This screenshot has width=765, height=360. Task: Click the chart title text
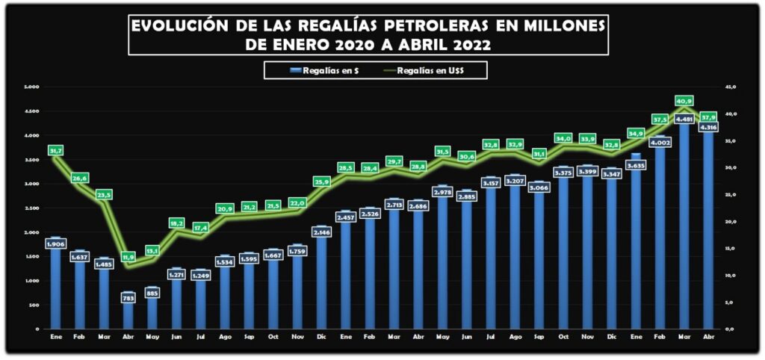tap(368, 35)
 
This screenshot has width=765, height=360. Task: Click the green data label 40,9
tap(684, 100)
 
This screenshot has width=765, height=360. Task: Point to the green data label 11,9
tap(127, 256)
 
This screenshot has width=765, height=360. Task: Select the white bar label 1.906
tap(55, 244)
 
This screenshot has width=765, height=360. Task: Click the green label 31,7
tap(55, 151)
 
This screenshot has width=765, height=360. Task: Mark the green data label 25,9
tap(321, 181)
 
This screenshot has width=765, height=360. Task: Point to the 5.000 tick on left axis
tap(31, 87)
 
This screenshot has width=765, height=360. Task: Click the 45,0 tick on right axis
tap(731, 87)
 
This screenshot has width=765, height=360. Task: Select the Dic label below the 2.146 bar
tap(321, 338)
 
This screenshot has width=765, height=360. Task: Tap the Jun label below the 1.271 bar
tap(176, 338)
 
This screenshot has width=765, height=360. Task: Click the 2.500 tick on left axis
tap(31, 208)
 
